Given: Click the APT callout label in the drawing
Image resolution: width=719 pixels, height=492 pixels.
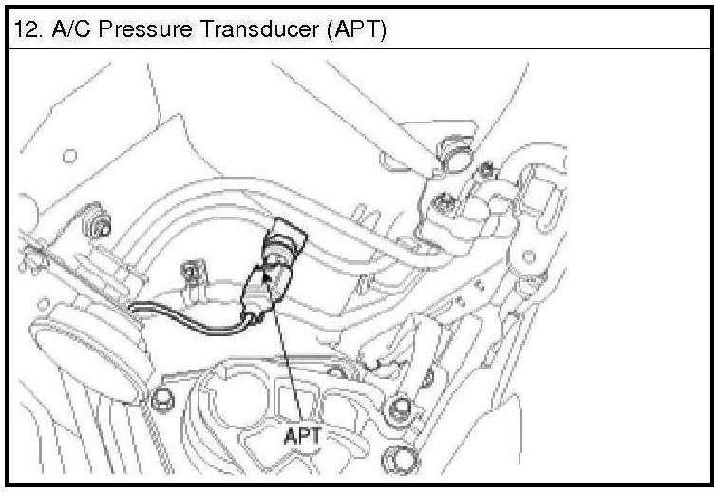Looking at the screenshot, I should click(304, 437).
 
